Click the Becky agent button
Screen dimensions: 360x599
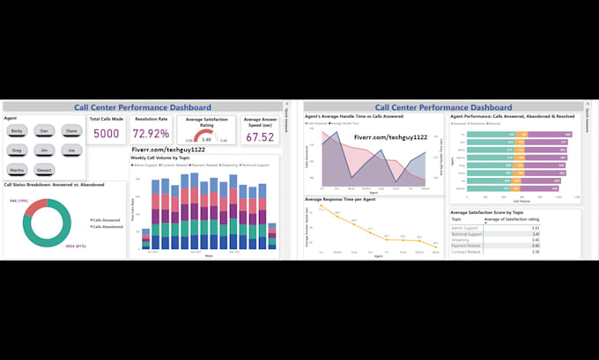point(18,130)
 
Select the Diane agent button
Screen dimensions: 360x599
point(71,130)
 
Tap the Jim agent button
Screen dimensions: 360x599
point(44,150)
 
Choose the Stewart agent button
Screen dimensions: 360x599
point(44,170)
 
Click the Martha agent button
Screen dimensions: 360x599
point(18,170)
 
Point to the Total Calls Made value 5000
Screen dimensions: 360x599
point(107,135)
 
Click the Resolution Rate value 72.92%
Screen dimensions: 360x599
point(152,135)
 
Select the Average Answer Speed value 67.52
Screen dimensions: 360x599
point(259,137)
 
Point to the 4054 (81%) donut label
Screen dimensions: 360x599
point(90,246)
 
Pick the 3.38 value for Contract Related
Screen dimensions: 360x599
point(535,252)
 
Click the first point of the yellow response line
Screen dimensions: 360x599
point(322,217)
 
